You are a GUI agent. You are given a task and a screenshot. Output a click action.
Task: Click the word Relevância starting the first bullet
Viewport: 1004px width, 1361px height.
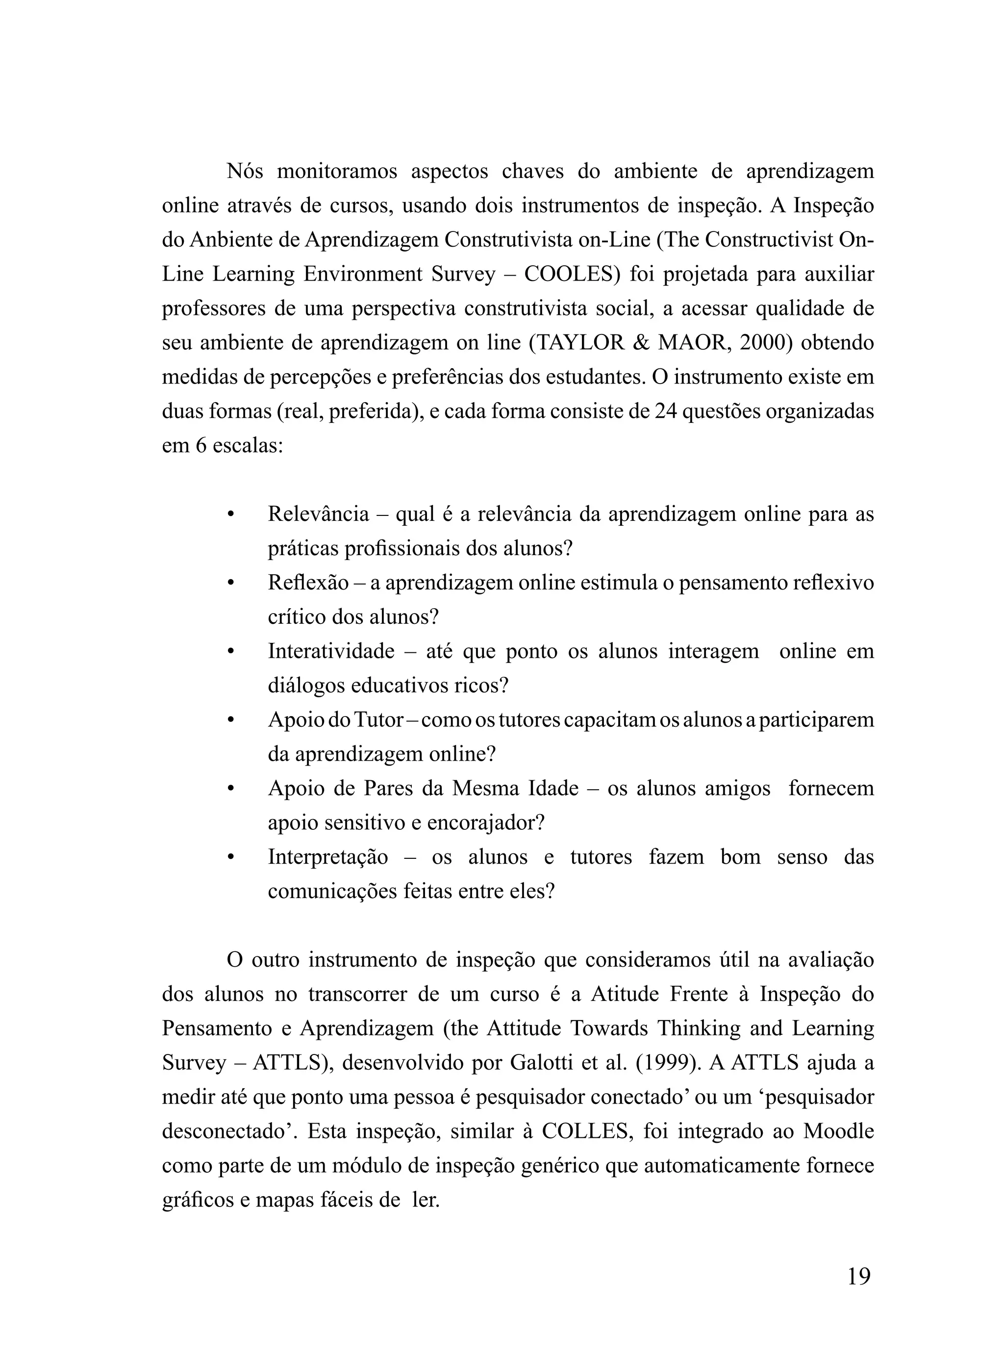pos(319,514)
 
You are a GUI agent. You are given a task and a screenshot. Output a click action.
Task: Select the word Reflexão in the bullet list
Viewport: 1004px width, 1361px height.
pos(308,583)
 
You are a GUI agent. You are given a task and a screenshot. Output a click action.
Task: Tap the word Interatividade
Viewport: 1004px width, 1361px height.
pos(331,652)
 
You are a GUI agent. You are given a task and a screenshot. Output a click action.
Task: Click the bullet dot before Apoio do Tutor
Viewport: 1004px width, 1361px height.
pos(230,721)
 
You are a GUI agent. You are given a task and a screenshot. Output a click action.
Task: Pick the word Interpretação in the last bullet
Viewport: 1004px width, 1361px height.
pos(327,858)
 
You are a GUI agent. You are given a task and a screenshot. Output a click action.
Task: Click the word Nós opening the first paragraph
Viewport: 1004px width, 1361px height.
pos(245,172)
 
